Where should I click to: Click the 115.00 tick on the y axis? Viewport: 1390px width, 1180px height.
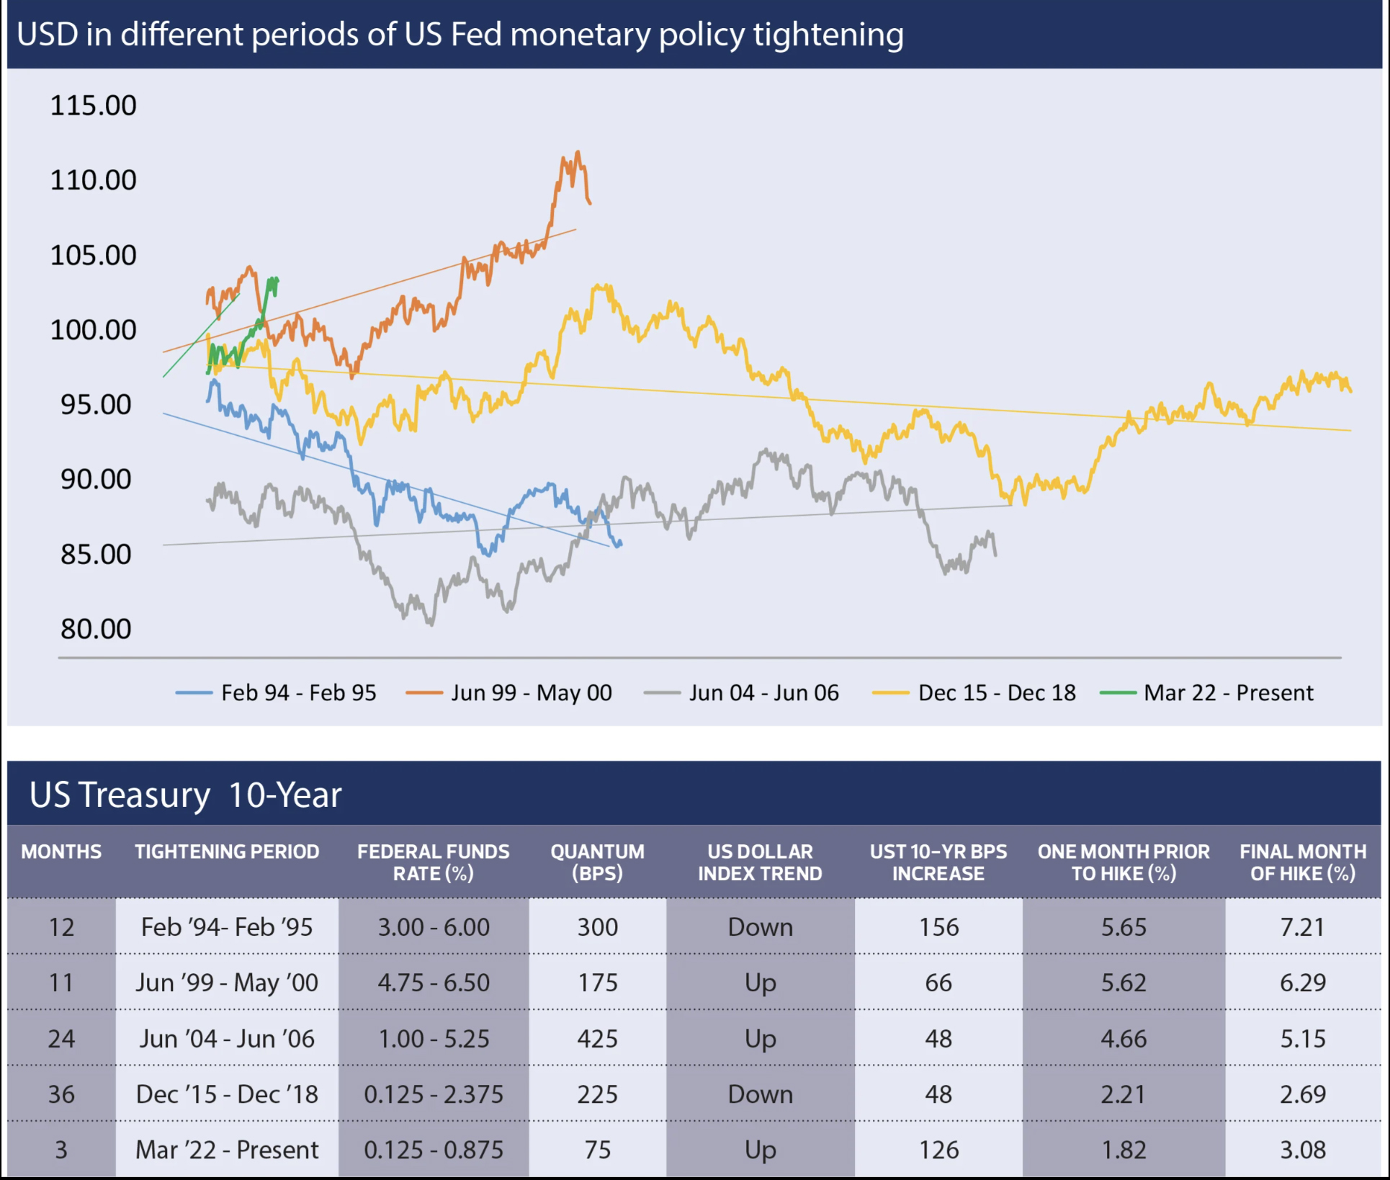tap(93, 106)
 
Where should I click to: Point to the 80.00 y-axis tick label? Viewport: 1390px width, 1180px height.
tap(96, 629)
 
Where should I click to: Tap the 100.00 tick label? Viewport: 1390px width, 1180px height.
tap(93, 330)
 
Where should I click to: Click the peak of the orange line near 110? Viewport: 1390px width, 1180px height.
tap(578, 152)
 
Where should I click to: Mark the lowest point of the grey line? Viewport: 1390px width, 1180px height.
tap(431, 624)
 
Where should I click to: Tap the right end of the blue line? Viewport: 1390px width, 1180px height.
tap(621, 544)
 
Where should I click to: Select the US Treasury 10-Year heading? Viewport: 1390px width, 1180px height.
tap(185, 795)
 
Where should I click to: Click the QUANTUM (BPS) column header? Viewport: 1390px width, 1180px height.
tap(597, 862)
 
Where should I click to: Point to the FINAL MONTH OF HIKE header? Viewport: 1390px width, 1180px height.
tap(1302, 862)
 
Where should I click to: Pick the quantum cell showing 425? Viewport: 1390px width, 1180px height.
tap(597, 1039)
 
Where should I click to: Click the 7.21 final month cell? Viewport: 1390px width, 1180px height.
tap(1302, 927)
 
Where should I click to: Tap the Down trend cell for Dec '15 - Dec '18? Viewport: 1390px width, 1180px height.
tap(760, 1094)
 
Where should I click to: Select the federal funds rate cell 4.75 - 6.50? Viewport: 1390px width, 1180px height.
tap(434, 983)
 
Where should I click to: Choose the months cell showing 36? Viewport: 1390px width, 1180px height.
tap(61, 1094)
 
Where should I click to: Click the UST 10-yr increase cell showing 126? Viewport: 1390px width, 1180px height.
tap(938, 1150)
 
